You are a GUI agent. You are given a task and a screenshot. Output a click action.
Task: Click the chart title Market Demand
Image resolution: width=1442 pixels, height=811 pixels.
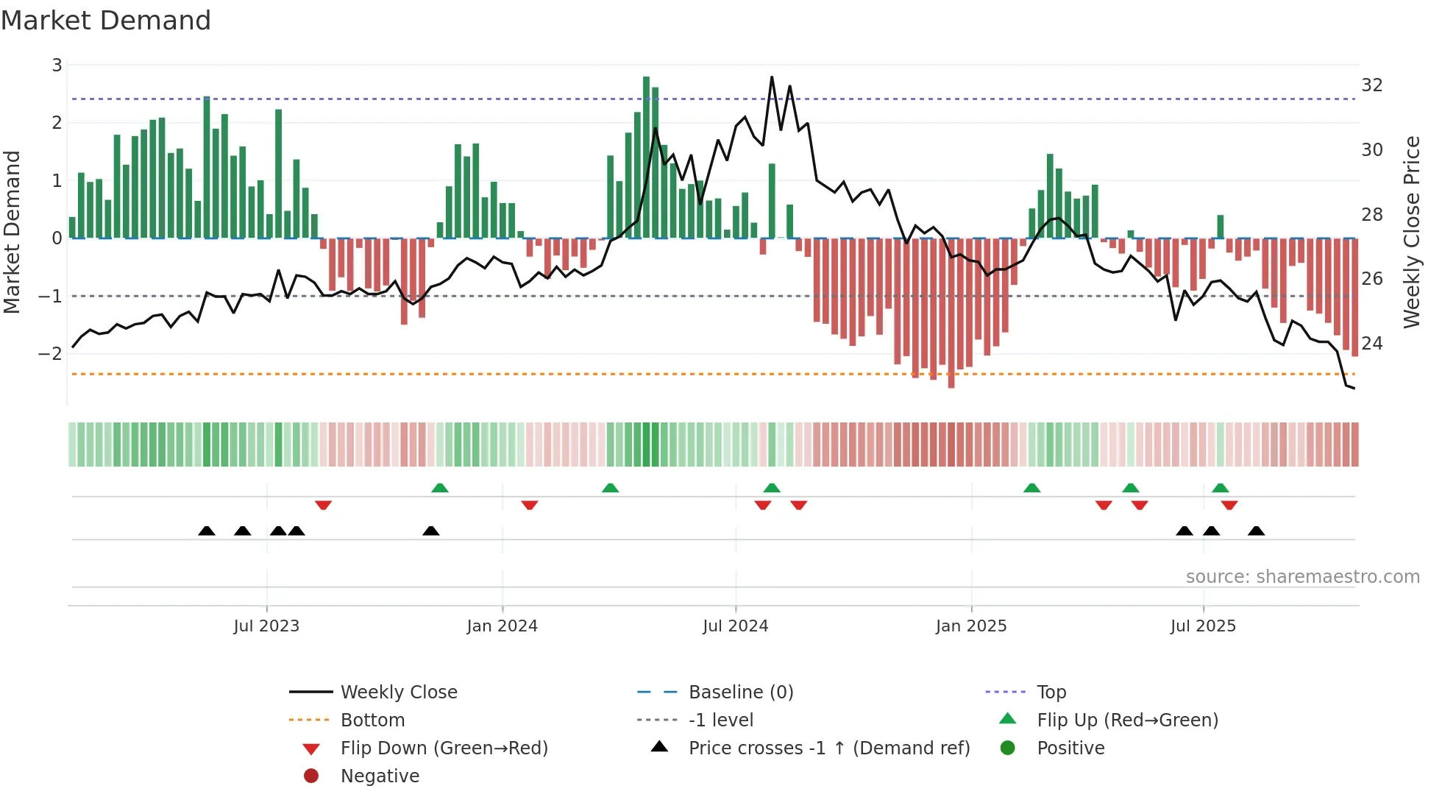(x=106, y=21)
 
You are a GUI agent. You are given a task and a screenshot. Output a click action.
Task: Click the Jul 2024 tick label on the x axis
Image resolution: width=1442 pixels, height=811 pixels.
(x=735, y=626)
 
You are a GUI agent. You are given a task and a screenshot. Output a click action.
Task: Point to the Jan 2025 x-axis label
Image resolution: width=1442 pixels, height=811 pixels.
(x=970, y=626)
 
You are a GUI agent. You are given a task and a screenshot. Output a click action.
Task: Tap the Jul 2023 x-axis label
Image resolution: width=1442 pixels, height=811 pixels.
(x=266, y=626)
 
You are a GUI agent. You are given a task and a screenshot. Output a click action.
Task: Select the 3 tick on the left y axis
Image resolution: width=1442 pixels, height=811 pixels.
(x=57, y=65)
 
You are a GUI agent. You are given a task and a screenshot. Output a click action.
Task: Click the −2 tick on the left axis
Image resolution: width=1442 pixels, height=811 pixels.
(x=51, y=354)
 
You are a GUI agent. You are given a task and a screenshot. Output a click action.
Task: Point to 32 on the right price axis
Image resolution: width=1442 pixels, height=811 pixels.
(x=1371, y=85)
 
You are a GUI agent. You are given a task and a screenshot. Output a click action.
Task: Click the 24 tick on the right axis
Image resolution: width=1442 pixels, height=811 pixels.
(x=1371, y=344)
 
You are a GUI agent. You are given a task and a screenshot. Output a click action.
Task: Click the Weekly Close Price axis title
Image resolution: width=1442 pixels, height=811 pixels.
(x=1411, y=232)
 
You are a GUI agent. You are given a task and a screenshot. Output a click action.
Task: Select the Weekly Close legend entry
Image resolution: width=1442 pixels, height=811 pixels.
(x=398, y=693)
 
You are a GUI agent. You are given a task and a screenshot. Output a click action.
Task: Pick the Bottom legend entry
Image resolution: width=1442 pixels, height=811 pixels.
(x=372, y=720)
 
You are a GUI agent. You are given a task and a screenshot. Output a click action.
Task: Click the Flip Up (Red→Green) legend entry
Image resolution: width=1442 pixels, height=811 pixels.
(x=1127, y=720)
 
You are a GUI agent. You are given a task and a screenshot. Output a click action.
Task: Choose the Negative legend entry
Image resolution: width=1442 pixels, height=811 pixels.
(x=380, y=776)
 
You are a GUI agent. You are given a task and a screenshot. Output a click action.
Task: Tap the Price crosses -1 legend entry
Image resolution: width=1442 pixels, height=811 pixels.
(x=828, y=748)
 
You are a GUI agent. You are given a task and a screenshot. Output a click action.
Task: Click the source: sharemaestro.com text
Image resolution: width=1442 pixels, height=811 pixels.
(x=1302, y=577)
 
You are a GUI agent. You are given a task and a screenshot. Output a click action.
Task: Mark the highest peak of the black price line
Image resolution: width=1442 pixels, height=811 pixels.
(x=772, y=77)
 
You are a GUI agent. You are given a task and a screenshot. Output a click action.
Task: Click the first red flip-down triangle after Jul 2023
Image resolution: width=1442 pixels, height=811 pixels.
(x=323, y=505)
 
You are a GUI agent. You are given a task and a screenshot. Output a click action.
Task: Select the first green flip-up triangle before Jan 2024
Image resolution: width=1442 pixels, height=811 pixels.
(x=439, y=488)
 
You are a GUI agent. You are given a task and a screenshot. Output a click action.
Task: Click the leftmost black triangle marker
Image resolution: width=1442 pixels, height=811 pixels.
(x=207, y=531)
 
